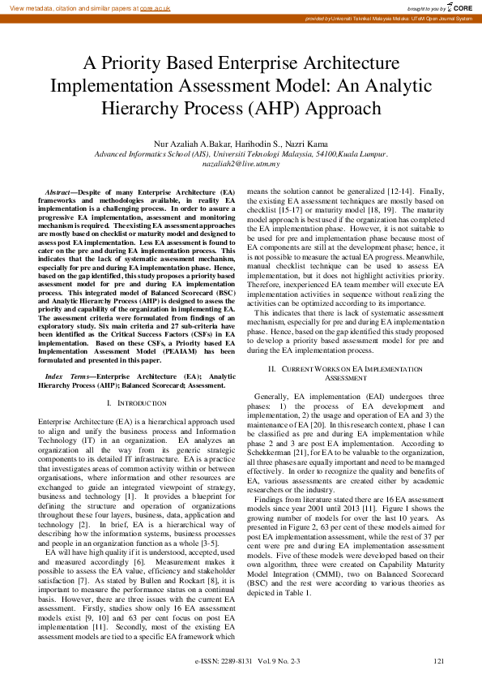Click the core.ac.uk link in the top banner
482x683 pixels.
156,7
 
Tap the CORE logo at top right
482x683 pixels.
459,7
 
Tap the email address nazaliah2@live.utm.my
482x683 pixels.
241,163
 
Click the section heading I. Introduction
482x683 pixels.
143,402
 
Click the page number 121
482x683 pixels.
438,662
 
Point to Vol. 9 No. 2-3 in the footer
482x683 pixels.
280,662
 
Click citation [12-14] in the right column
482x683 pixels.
407,190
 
